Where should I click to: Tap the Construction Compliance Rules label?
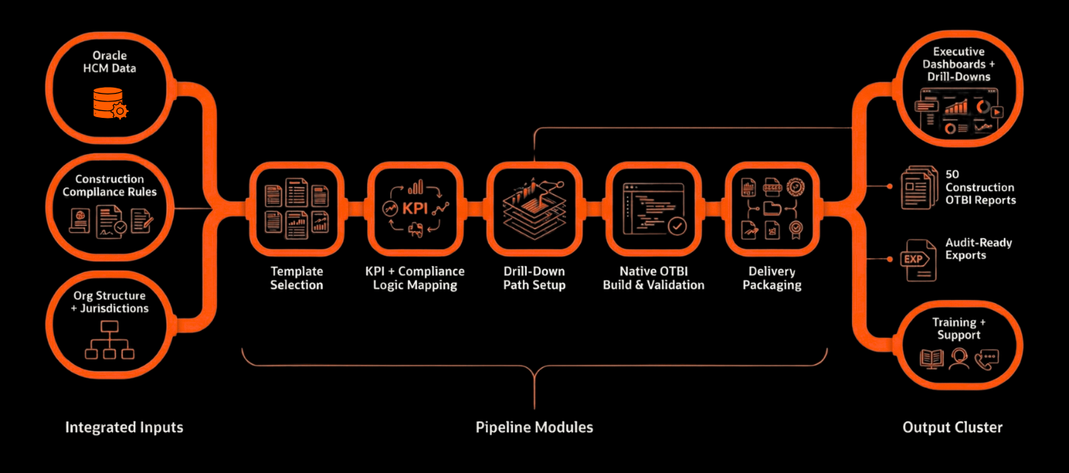[110, 186]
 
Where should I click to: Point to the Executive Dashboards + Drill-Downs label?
[959, 64]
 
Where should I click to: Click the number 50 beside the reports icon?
[952, 175]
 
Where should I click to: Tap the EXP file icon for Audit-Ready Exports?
[913, 259]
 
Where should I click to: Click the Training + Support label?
[959, 329]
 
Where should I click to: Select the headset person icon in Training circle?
[959, 358]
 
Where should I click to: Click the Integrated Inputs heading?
[124, 428]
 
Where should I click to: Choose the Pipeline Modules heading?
[534, 428]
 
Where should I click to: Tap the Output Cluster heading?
[952, 428]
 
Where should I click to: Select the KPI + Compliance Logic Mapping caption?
[415, 278]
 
